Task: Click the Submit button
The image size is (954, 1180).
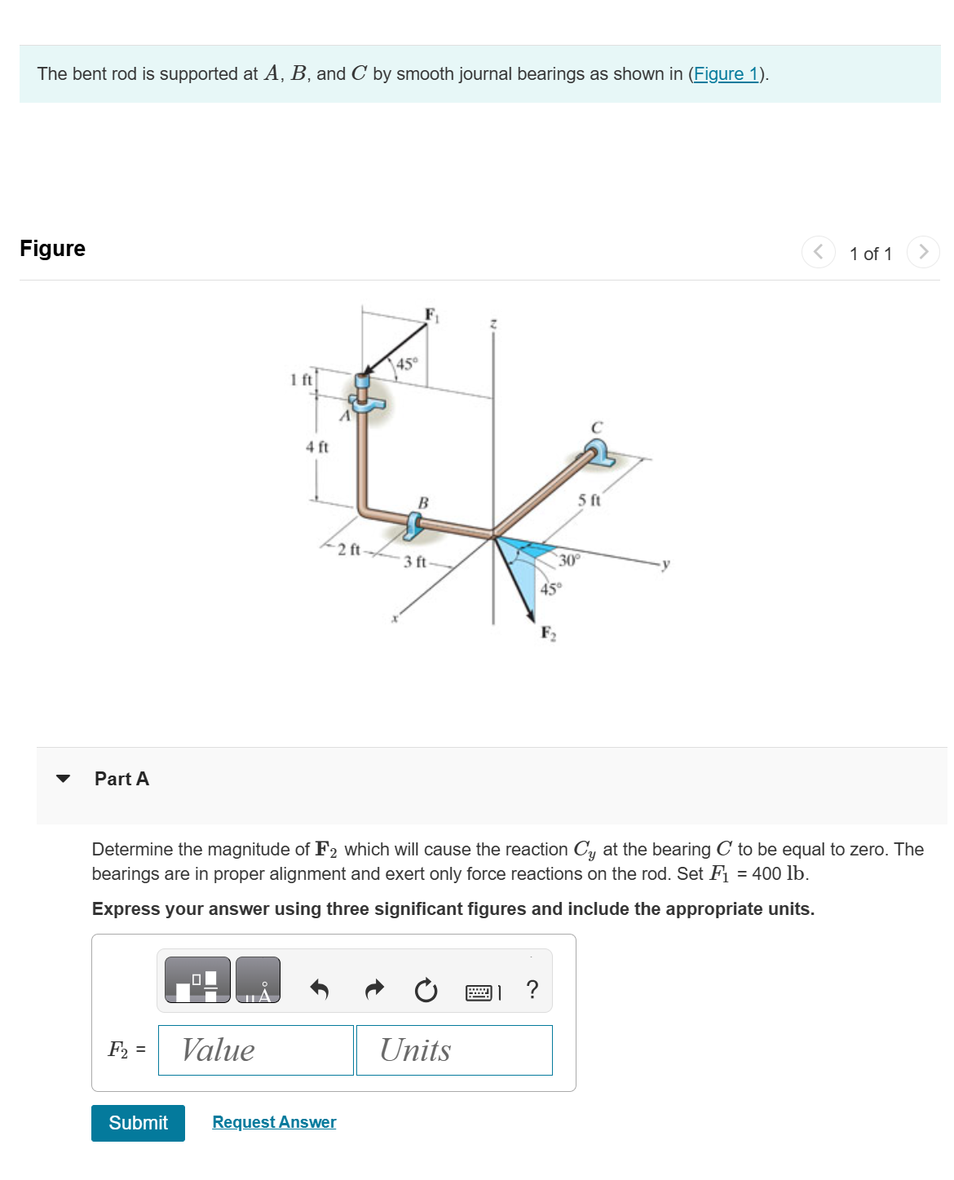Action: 138,1123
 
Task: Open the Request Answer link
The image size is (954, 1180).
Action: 274,1122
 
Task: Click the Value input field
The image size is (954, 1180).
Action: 255,1050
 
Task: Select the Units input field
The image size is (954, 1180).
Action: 454,1050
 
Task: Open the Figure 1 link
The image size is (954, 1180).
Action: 725,74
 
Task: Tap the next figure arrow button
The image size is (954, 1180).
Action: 923,252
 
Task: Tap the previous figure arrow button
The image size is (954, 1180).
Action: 818,252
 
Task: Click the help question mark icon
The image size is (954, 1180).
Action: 532,990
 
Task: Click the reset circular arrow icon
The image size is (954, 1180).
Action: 426,991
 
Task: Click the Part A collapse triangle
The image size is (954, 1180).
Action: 63,779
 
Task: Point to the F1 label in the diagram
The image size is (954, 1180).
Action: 431,316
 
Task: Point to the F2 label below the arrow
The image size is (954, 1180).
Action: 549,634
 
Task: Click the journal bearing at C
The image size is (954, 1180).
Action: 598,453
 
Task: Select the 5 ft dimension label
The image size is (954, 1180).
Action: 589,500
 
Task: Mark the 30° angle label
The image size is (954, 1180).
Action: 568,560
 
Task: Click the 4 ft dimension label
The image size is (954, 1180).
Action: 316,447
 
